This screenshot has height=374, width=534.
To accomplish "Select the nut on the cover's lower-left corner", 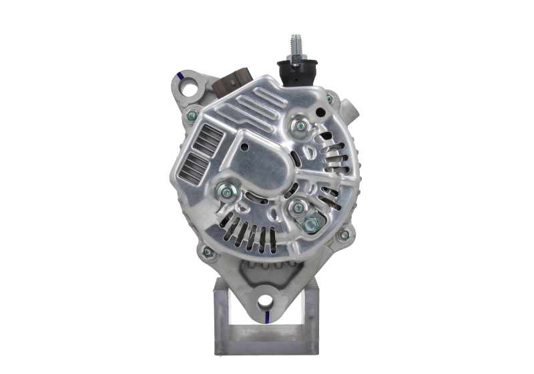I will pos(228,193).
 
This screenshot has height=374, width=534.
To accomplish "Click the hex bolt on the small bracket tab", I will pos(310,224).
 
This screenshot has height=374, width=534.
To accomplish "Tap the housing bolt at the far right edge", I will pos(344,235).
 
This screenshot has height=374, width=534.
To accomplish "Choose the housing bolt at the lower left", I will pos(208,252).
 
